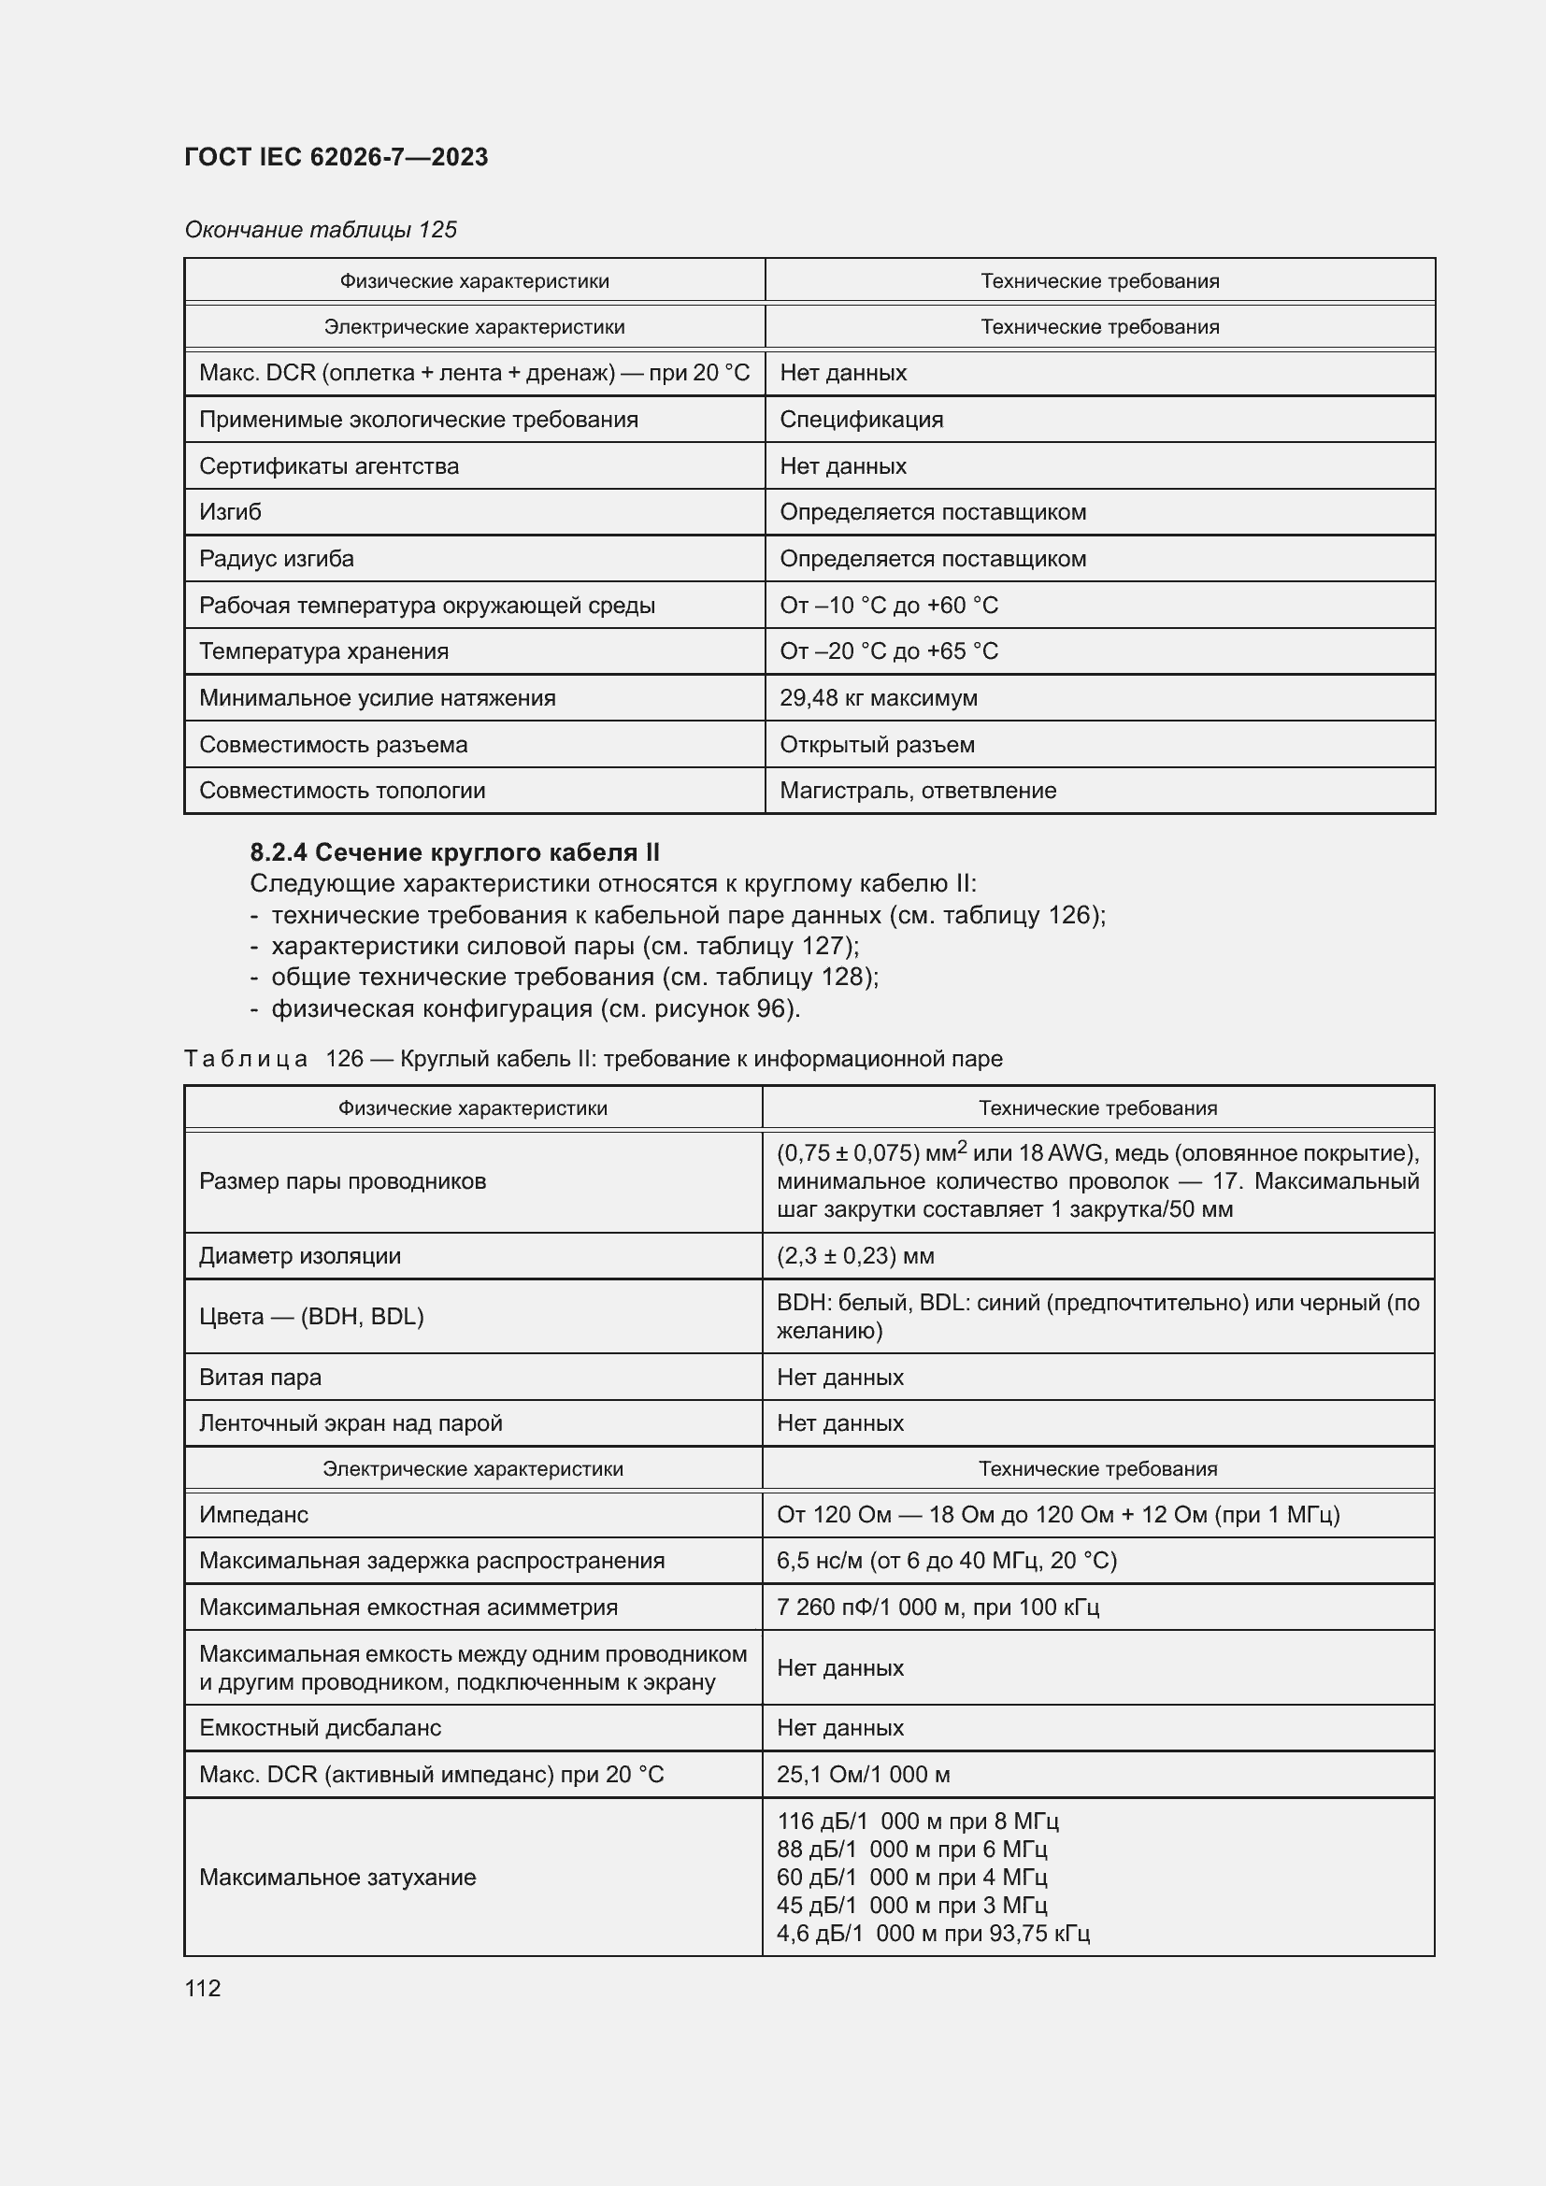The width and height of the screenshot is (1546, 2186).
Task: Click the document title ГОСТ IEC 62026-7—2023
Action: click(336, 157)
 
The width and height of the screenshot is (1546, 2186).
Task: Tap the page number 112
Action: click(203, 1988)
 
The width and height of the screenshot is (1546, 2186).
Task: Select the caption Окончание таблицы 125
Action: click(321, 230)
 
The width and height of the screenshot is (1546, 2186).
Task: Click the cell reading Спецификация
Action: click(861, 419)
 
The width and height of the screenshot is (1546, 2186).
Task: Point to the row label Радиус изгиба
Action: click(276, 559)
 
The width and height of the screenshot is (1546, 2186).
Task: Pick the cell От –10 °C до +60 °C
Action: click(888, 606)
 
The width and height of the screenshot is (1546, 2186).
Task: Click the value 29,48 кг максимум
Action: click(878, 698)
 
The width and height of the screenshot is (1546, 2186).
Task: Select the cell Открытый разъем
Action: click(877, 745)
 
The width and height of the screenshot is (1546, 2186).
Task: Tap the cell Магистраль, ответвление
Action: click(918, 791)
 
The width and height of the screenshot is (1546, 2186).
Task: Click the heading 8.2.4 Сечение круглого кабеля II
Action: click(454, 852)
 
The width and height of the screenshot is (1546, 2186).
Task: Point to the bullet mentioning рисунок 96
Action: click(535, 1008)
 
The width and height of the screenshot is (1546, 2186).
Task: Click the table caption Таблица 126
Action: click(592, 1059)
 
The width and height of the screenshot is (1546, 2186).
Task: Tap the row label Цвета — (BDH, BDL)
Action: click(311, 1317)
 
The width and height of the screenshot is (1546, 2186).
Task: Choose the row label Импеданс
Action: click(253, 1515)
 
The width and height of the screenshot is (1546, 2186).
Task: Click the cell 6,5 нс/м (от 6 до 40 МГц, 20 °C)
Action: click(946, 1561)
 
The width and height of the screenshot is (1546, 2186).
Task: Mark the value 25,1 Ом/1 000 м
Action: click(863, 1775)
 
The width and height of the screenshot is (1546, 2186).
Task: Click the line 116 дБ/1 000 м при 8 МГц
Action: click(917, 1822)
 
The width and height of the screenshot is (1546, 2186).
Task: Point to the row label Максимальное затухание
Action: click(337, 1878)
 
